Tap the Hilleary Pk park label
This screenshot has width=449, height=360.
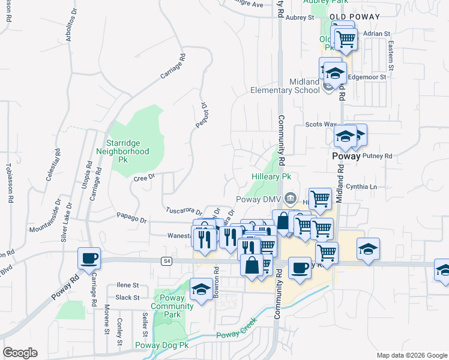point(271,177)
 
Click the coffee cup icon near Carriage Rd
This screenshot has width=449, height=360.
point(89,259)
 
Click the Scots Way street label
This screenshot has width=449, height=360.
point(321,124)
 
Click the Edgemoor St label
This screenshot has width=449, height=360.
point(367,77)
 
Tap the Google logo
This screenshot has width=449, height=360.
point(20,353)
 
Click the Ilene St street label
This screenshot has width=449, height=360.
point(128,285)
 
